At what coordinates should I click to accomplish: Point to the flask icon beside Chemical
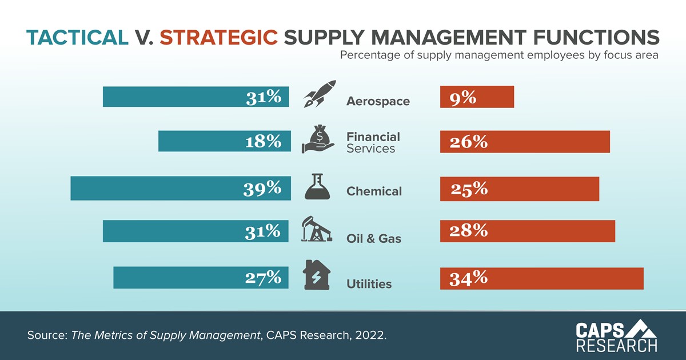click(317, 186)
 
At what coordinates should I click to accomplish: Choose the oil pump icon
click(316, 230)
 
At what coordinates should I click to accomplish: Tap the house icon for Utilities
click(316, 275)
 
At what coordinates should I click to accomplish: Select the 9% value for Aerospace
click(462, 98)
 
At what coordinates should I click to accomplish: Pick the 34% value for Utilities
click(468, 278)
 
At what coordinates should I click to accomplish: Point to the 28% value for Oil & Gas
click(468, 230)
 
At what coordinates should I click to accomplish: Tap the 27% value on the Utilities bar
click(264, 278)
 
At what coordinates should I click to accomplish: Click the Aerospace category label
click(378, 102)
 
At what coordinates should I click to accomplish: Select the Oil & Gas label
click(374, 238)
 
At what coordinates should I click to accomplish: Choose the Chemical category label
click(374, 191)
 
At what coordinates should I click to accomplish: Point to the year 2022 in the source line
click(373, 335)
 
